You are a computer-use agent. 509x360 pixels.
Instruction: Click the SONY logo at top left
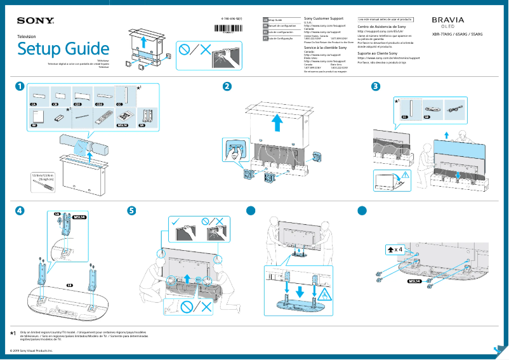34,21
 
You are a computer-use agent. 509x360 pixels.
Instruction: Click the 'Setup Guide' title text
63,49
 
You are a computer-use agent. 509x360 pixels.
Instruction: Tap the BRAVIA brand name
448,20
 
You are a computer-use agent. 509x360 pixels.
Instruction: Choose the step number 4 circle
21,210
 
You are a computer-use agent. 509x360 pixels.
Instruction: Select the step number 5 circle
131,210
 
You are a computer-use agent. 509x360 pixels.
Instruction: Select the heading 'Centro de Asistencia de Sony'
382,27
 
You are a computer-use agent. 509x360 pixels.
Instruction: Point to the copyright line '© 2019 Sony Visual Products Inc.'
32,350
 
